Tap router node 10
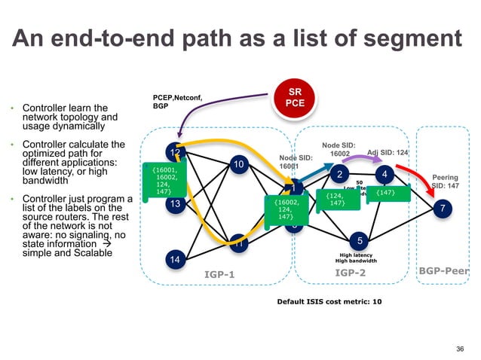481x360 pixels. tap(238, 164)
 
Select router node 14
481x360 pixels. tap(175, 260)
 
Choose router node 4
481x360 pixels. tap(384, 174)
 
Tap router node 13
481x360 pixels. tap(175, 204)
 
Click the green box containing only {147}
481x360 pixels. tap(386, 194)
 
